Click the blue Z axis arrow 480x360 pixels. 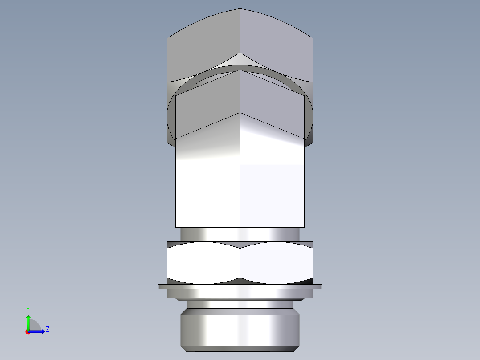(x=38, y=331)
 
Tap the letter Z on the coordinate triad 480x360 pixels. (x=47, y=329)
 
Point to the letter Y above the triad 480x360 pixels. (x=28, y=309)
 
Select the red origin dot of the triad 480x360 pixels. (x=28, y=331)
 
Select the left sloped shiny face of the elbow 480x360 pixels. (x=208, y=143)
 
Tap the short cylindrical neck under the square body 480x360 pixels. (x=240, y=234)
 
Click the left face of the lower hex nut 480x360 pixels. (x=203, y=263)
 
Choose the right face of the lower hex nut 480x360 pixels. (x=276, y=263)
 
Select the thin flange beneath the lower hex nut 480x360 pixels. (x=240, y=286)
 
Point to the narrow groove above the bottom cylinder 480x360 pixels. (x=240, y=306)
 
